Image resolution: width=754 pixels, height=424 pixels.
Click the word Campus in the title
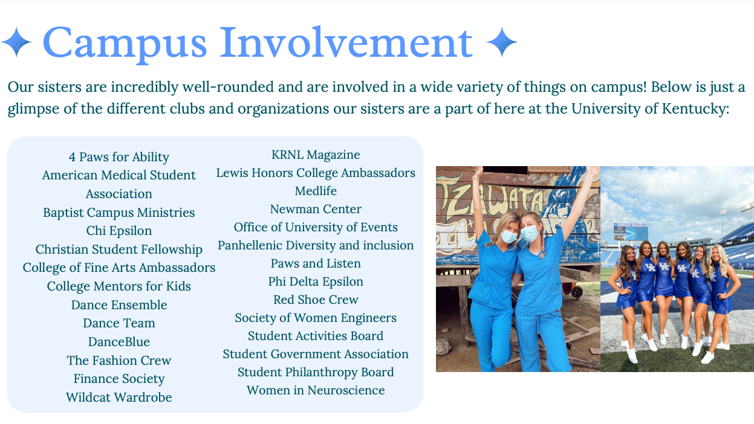pyautogui.click(x=125, y=43)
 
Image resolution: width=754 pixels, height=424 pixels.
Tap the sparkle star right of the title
pyautogui.click(x=502, y=42)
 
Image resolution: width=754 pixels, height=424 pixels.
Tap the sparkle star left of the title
pyautogui.click(x=16, y=42)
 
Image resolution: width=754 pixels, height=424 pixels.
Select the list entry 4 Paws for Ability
pyautogui.click(x=119, y=157)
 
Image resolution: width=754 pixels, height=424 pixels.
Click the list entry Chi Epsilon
pyautogui.click(x=119, y=231)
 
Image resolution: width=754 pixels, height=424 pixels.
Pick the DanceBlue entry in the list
pyautogui.click(x=119, y=342)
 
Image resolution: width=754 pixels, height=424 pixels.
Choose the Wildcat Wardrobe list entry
pyautogui.click(x=119, y=397)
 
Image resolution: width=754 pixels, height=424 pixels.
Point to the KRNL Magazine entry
pyautogui.click(x=316, y=155)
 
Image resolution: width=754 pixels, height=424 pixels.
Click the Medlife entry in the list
pyautogui.click(x=316, y=191)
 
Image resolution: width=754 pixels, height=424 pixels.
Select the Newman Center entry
pyautogui.click(x=316, y=210)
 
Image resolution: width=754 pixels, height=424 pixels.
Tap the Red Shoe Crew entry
pyautogui.click(x=316, y=300)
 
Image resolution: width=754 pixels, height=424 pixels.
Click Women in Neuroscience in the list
pyautogui.click(x=316, y=391)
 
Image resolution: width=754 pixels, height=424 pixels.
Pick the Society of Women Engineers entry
pyautogui.click(x=316, y=318)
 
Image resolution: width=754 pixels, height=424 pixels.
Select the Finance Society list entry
pyautogui.click(x=119, y=379)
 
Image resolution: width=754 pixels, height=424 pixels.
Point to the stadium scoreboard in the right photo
pyautogui.click(x=631, y=232)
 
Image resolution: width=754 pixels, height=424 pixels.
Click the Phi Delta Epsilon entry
pyautogui.click(x=316, y=282)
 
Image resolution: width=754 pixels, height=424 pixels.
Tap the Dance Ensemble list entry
pyautogui.click(x=119, y=305)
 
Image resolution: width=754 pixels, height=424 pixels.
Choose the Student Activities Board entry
pyautogui.click(x=316, y=336)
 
